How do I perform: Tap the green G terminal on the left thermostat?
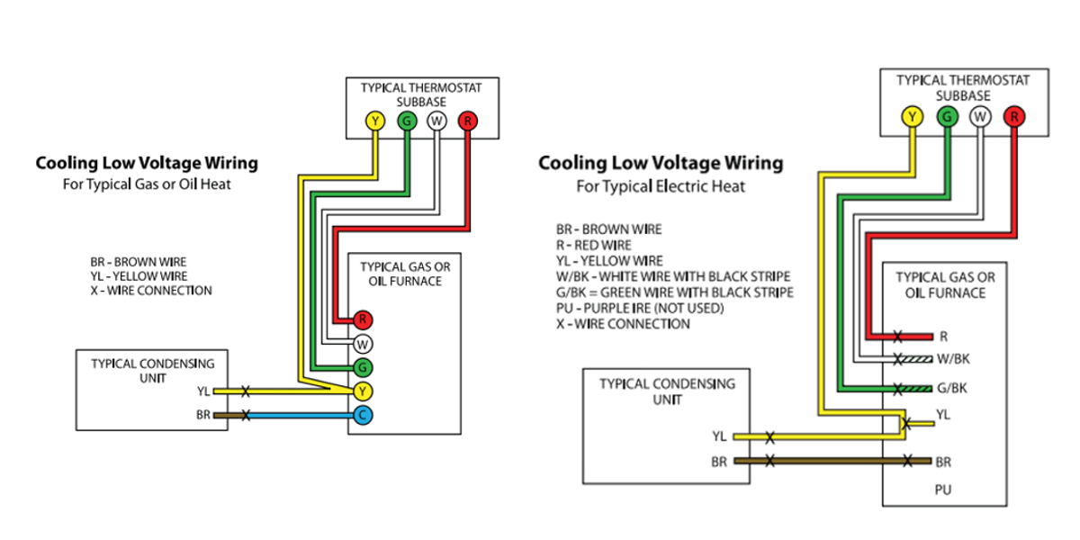point(405,121)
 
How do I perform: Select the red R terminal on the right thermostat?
point(1013,115)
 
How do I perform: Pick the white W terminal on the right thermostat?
point(980,115)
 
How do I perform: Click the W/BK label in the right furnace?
point(953,359)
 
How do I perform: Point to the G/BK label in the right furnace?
point(952,389)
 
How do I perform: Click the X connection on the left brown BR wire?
point(245,415)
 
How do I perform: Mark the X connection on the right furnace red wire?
point(897,337)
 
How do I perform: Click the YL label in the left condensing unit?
point(203,391)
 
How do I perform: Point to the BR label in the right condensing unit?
point(719,461)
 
